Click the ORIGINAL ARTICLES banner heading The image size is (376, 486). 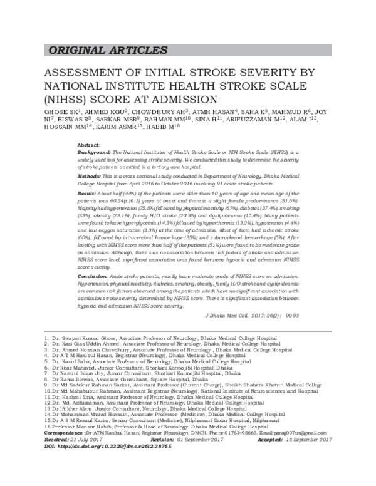100,51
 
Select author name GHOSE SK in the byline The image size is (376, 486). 61,114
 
